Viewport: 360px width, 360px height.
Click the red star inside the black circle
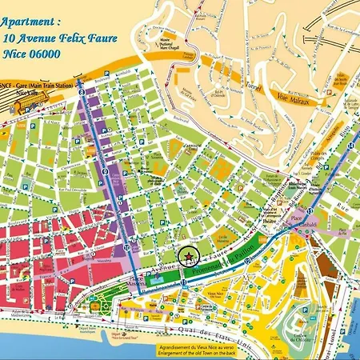pyautogui.click(x=188, y=258)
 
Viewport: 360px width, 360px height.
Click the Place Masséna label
pyautogui.click(x=128, y=280)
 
